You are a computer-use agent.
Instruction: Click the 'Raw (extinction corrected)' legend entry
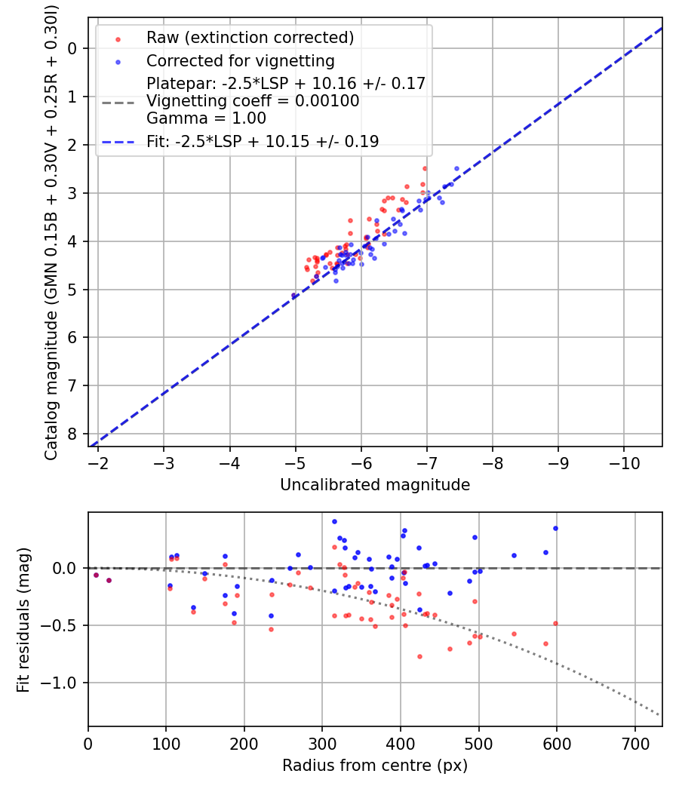click(x=250, y=38)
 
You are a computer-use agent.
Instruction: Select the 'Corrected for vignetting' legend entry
click(x=240, y=60)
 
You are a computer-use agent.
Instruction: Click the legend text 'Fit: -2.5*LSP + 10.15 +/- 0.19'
click(x=263, y=141)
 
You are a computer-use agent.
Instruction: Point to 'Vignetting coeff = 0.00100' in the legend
click(x=253, y=100)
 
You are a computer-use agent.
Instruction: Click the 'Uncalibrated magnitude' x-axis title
click(x=375, y=485)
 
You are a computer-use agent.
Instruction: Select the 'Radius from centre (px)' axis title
click(x=375, y=766)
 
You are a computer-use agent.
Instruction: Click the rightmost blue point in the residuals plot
click(x=555, y=528)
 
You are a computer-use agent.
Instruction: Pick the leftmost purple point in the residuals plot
click(x=96, y=575)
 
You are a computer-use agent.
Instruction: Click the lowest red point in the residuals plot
click(x=419, y=656)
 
